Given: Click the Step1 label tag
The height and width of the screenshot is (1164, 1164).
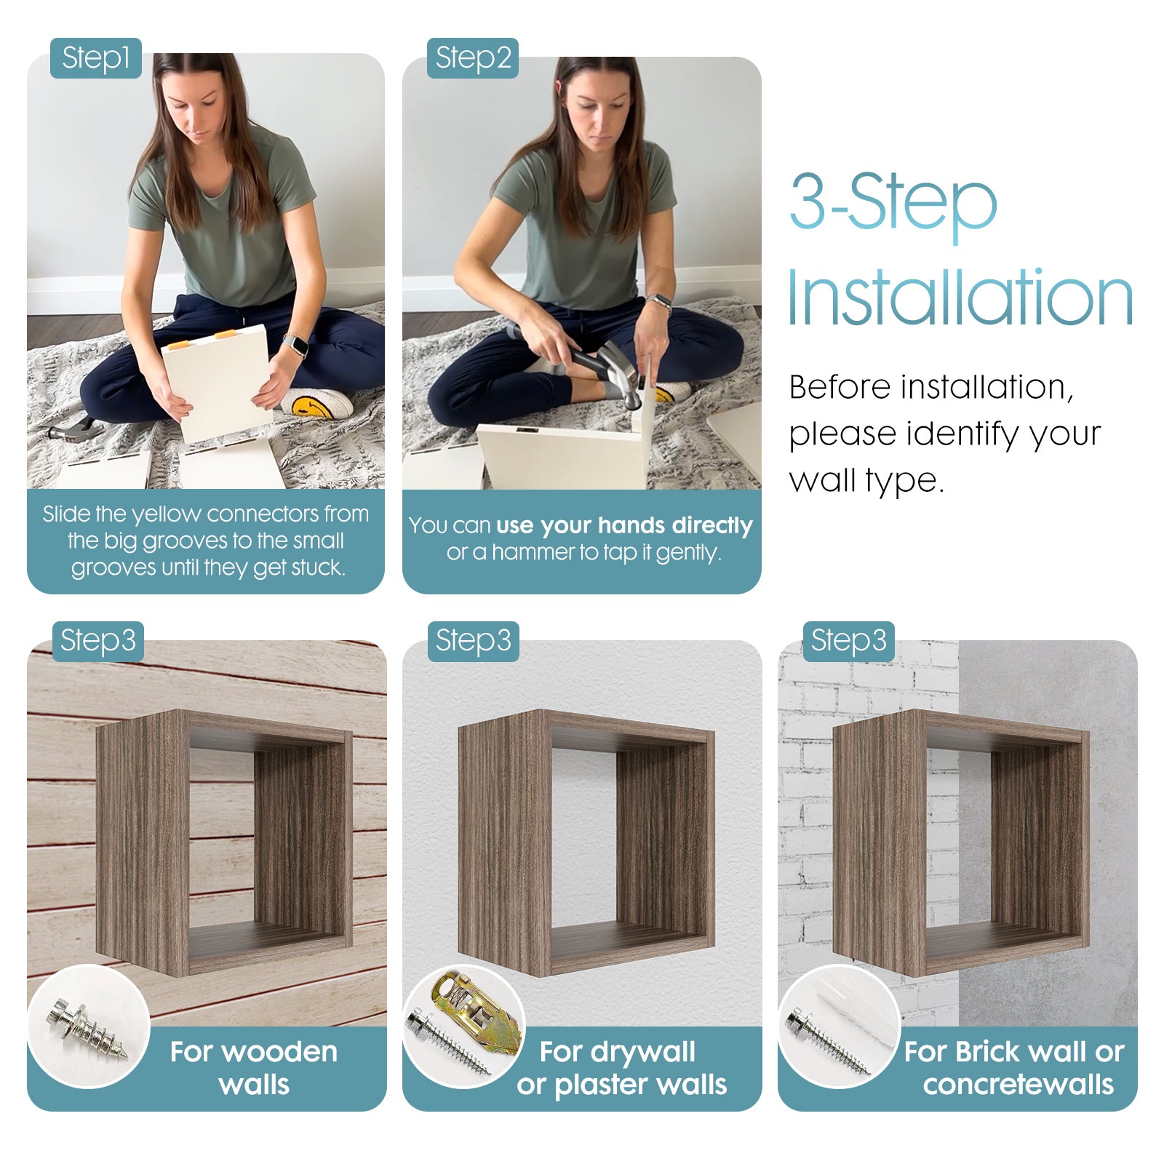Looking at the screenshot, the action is click(95, 58).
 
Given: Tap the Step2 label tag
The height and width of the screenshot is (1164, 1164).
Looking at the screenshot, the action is click(472, 58).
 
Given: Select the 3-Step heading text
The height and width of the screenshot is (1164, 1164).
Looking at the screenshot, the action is click(893, 201).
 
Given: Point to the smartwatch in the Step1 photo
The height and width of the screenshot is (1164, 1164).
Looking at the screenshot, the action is click(295, 345).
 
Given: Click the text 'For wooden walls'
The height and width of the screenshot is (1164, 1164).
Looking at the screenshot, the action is click(254, 1068).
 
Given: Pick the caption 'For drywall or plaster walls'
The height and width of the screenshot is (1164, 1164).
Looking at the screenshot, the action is click(621, 1068).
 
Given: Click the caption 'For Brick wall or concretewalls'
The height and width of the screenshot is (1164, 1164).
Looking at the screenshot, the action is click(1015, 1068).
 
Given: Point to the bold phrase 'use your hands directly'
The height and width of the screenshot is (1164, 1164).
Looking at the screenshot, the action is click(624, 525).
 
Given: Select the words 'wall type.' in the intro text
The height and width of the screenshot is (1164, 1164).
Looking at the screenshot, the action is click(866, 481).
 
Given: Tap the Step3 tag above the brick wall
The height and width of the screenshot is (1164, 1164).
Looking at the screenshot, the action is click(848, 641).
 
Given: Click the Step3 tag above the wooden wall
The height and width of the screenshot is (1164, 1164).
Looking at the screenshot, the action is click(97, 641).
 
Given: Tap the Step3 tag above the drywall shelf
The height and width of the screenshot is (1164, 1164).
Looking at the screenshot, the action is click(473, 641).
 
